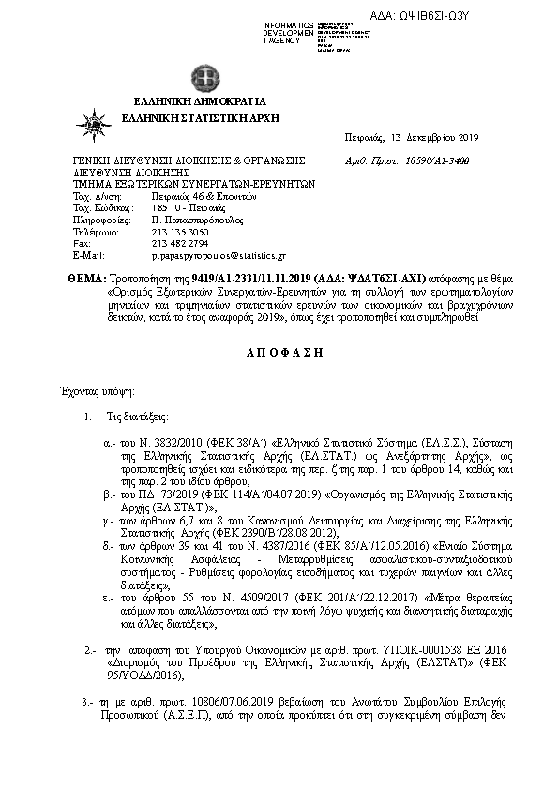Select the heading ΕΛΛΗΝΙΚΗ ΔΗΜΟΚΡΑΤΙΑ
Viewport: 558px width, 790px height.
click(200, 101)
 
